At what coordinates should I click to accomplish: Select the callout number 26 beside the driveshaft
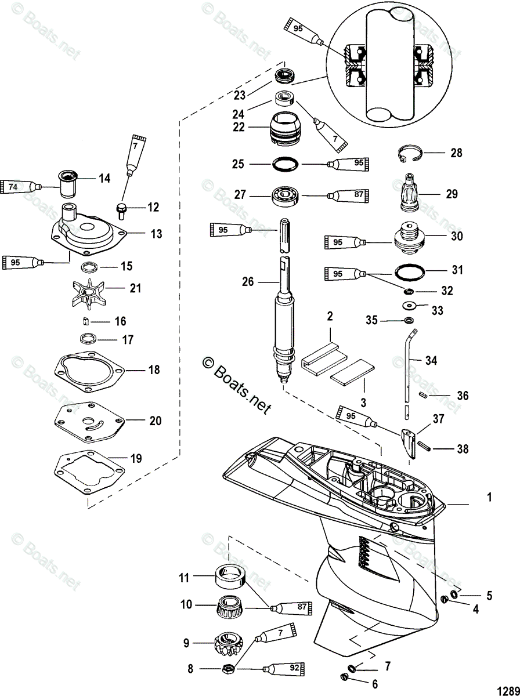click(x=248, y=283)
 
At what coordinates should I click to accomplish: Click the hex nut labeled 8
click(x=228, y=668)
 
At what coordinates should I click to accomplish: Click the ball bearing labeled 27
click(x=286, y=196)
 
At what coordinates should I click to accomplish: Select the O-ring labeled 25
click(x=286, y=164)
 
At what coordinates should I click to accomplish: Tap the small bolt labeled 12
click(x=122, y=207)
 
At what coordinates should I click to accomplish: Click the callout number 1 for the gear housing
click(x=489, y=498)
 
